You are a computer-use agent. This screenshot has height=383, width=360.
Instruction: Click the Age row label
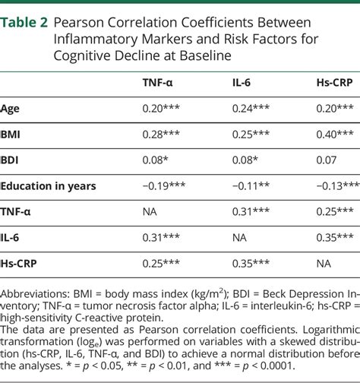(x=11, y=109)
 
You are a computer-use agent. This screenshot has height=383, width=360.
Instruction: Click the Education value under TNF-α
(x=165, y=185)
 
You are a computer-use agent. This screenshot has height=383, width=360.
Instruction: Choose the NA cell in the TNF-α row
(x=151, y=210)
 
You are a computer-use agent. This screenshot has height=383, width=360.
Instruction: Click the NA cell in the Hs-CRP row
(x=324, y=262)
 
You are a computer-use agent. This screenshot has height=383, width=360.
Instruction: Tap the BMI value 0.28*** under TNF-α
(x=161, y=134)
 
